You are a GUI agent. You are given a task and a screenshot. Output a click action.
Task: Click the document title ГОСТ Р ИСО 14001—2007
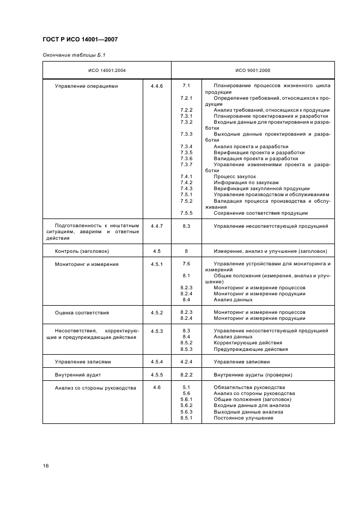coord(80,39)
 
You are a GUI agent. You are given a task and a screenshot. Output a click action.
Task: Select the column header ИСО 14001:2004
coord(107,70)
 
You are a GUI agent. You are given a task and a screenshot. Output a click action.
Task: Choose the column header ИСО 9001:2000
coord(253,70)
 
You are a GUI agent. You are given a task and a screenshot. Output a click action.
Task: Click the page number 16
coord(46,465)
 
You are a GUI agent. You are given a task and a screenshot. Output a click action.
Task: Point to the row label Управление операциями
coord(86,86)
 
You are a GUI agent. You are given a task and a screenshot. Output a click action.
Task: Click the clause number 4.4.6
coord(157,86)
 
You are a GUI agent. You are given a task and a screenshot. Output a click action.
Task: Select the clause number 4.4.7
coord(157,226)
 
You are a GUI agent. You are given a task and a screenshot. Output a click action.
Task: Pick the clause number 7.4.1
coord(186,177)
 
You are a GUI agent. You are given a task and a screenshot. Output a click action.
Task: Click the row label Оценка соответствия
coord(82,313)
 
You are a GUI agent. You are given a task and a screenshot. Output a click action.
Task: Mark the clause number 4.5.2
coord(157,313)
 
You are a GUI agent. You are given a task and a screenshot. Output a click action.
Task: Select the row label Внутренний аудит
coord(78,375)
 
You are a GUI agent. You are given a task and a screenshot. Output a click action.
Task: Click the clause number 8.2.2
coord(186,375)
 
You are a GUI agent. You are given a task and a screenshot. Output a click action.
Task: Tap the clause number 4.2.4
coord(186,361)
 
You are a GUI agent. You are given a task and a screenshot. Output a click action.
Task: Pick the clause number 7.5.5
coord(186,213)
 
